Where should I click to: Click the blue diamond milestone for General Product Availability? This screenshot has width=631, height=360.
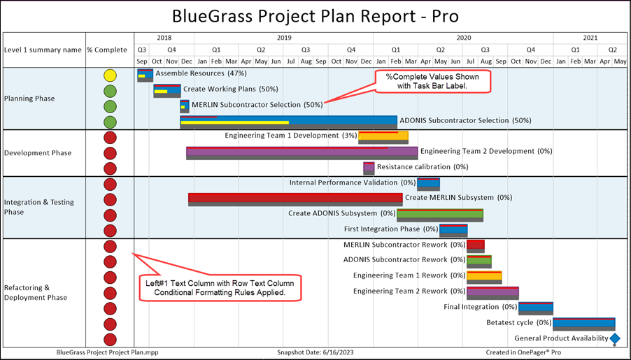coord(614,339)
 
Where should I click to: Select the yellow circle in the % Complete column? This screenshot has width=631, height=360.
coord(110,75)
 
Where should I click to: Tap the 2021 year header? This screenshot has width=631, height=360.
coord(590,38)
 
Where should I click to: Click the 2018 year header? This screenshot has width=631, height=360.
coord(164,38)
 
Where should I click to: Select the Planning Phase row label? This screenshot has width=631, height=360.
coord(29,99)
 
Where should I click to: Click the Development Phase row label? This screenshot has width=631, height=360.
coord(38,153)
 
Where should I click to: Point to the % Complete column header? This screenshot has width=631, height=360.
coord(107,50)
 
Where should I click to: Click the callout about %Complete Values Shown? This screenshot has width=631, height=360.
coord(432,81)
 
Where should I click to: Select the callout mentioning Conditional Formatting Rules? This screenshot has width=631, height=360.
coord(220,288)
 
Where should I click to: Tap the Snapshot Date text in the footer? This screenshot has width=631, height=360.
coord(315,352)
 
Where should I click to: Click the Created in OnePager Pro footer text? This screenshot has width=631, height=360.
coord(523,352)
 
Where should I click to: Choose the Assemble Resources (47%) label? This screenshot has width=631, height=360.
coord(201,73)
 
